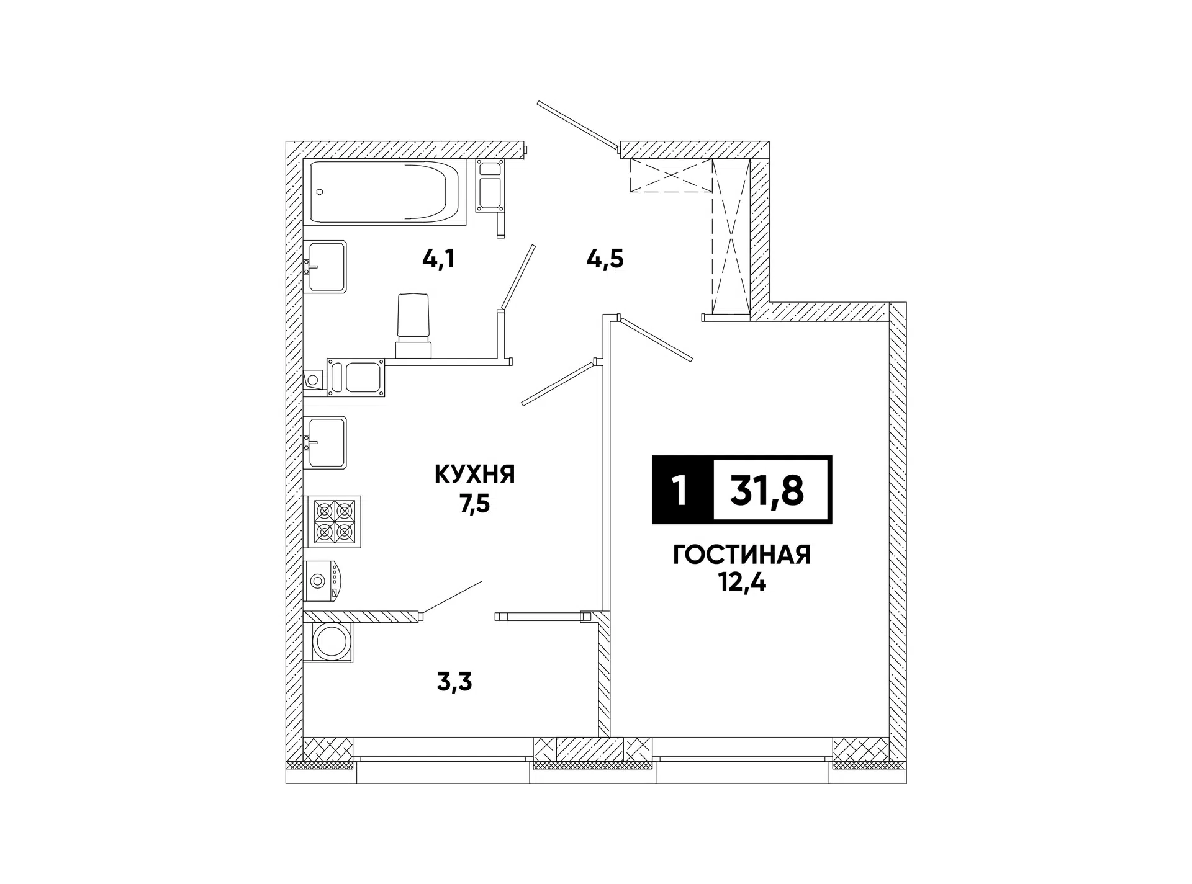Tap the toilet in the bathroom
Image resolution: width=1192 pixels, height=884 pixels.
pyautogui.click(x=413, y=326)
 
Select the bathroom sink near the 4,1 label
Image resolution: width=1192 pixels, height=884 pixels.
pyautogui.click(x=325, y=266)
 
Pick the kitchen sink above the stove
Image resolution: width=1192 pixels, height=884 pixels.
pyautogui.click(x=325, y=442)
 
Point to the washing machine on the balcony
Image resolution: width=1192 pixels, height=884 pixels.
pyautogui.click(x=330, y=641)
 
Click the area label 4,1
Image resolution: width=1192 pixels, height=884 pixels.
pyautogui.click(x=438, y=259)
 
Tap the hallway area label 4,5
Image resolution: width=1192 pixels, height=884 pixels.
pyautogui.click(x=605, y=259)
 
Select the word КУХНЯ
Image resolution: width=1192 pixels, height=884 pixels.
pyautogui.click(x=475, y=475)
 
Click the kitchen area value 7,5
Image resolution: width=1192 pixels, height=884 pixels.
pyautogui.click(x=475, y=504)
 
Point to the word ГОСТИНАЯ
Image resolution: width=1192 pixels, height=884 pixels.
pyautogui.click(x=742, y=555)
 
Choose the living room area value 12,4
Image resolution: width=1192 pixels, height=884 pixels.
pyautogui.click(x=743, y=583)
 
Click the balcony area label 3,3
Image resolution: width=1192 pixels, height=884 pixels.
pyautogui.click(x=454, y=682)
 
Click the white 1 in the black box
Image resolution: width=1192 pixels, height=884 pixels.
pyautogui.click(x=682, y=491)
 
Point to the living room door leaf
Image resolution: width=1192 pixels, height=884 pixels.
pyautogui.click(x=656, y=339)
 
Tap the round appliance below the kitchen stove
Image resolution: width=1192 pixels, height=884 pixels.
pyautogui.click(x=323, y=581)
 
